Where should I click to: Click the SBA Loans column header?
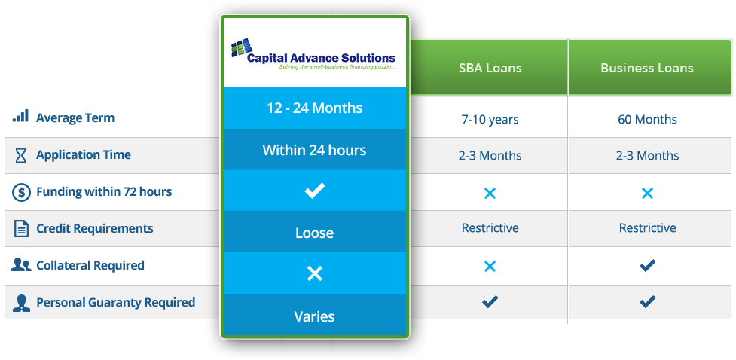pyautogui.click(x=490, y=68)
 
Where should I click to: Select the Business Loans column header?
pyautogui.click(x=647, y=68)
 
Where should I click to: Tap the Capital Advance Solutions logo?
pyautogui.click(x=313, y=54)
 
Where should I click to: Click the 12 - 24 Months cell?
pyautogui.click(x=314, y=108)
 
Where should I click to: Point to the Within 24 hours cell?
pyautogui.click(x=314, y=150)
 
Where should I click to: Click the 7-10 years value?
pyautogui.click(x=490, y=119)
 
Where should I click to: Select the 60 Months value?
pyautogui.click(x=647, y=119)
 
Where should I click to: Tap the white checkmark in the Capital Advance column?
pyautogui.click(x=314, y=191)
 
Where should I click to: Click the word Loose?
pyautogui.click(x=314, y=233)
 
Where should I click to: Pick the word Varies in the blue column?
pyautogui.click(x=314, y=316)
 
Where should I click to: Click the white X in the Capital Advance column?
pyautogui.click(x=314, y=273)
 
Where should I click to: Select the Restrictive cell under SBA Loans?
pyautogui.click(x=490, y=228)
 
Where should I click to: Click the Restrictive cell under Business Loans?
pyautogui.click(x=647, y=228)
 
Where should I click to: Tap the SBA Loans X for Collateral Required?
pyautogui.click(x=490, y=267)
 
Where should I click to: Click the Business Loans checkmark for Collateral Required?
pyautogui.click(x=647, y=266)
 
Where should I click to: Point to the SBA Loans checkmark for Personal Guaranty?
pyautogui.click(x=490, y=301)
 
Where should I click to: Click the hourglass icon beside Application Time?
pyautogui.click(x=20, y=155)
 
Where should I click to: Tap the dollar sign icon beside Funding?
pyautogui.click(x=20, y=192)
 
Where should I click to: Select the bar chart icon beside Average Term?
pyautogui.click(x=20, y=116)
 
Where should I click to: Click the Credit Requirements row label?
pyautogui.click(x=95, y=229)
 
